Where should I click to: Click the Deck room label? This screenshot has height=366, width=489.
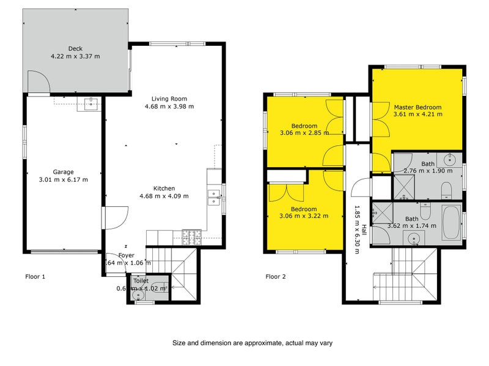point(75,49)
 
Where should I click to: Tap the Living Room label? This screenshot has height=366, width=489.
point(169,99)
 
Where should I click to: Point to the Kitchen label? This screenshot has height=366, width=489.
point(164,188)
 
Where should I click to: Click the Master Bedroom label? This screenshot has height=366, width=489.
point(417,107)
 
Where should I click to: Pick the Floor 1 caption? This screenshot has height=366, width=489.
point(35,276)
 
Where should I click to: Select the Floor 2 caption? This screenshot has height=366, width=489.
point(276,276)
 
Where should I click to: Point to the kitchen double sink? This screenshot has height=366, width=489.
point(214,196)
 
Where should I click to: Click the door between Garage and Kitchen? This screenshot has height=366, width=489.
point(114,217)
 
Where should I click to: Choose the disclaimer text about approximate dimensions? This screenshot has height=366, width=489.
point(252,343)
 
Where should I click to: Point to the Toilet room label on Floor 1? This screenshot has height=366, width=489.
point(141,281)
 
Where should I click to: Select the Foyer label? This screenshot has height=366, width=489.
point(126,256)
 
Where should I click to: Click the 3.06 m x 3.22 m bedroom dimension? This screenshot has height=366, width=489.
point(304,215)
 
